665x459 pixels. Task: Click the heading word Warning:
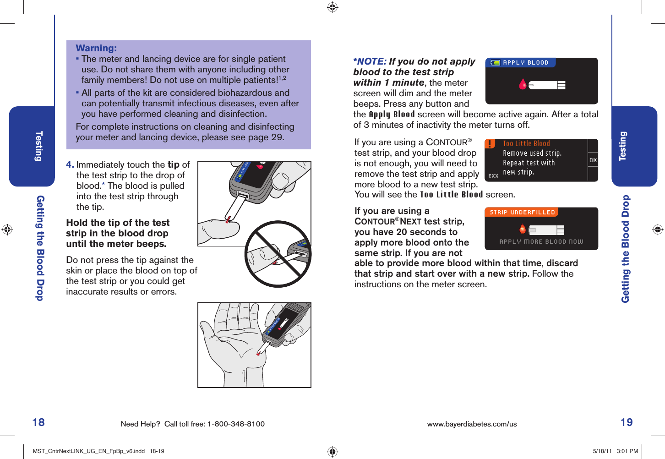click(96, 48)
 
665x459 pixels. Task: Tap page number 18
click(38, 422)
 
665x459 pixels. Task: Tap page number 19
click(627, 422)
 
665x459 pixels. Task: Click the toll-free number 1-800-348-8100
click(236, 424)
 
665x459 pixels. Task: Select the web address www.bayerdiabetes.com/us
click(472, 424)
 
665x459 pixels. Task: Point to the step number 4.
click(70, 165)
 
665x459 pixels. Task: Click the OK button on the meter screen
click(593, 160)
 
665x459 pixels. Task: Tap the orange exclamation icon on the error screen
click(490, 144)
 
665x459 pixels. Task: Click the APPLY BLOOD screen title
click(526, 63)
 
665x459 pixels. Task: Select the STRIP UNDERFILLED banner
click(522, 213)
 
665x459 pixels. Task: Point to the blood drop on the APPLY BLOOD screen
click(523, 84)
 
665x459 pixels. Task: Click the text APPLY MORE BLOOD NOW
click(541, 242)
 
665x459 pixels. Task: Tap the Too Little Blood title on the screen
click(526, 144)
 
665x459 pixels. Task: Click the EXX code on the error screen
click(493, 176)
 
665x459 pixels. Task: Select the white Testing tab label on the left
click(39, 146)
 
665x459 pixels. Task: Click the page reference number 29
click(277, 137)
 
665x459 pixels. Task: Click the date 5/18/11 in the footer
click(602, 451)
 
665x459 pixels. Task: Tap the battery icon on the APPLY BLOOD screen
click(495, 63)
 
